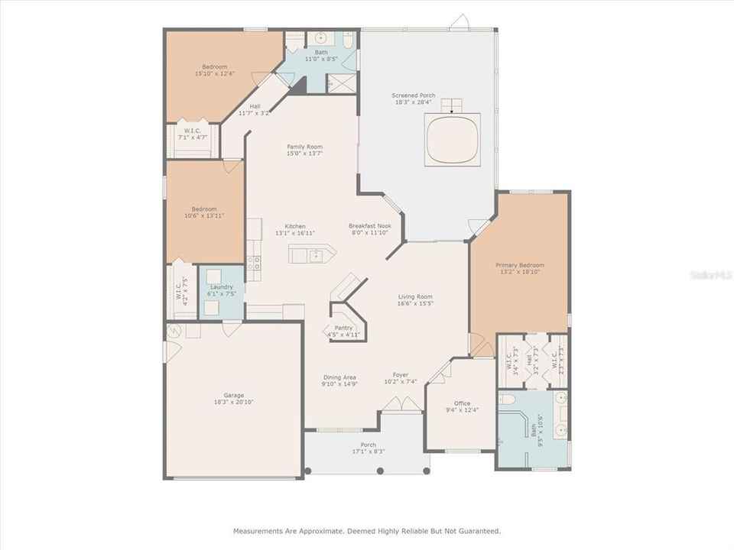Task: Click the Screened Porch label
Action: [413, 95]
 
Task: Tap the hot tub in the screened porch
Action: [453, 139]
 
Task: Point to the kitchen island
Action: [312, 254]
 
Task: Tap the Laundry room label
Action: [221, 287]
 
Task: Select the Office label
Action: [461, 403]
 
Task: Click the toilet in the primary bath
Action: [506, 400]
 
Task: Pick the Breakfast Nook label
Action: [369, 226]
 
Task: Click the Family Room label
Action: [304, 147]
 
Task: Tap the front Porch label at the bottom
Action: [369, 445]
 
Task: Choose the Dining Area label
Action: [339, 377]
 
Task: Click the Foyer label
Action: [400, 375]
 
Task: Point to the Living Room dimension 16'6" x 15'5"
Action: [415, 303]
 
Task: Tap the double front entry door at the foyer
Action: [401, 406]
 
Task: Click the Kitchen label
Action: [295, 226]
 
